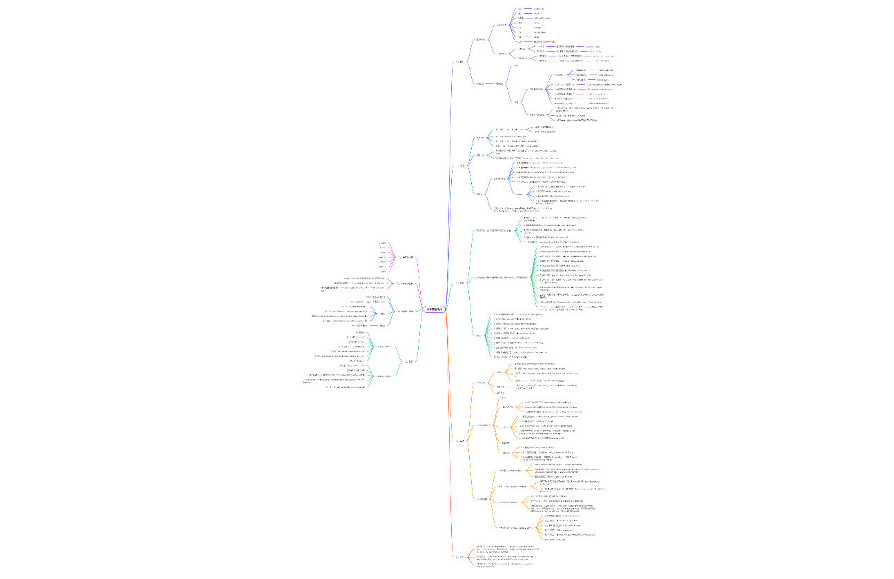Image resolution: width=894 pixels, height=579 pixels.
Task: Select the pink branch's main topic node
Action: pos(406,257)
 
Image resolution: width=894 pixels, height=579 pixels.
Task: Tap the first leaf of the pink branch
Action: pos(383,243)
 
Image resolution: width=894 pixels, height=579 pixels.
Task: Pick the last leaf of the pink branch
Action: pos(383,271)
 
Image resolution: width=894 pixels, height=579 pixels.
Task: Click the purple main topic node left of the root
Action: pos(406,283)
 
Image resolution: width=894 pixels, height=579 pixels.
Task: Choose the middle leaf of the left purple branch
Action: pos(359,283)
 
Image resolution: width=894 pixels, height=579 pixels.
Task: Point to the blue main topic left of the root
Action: pos(406,312)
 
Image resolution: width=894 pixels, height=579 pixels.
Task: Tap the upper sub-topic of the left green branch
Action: pos(384,347)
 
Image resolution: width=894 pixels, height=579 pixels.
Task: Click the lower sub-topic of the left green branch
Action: pos(384,376)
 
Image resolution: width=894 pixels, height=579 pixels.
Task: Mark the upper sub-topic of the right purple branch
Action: pos(480,39)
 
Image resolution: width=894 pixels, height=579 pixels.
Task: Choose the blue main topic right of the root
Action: pos(461,166)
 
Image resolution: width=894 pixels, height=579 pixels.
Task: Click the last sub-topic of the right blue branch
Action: pos(480,194)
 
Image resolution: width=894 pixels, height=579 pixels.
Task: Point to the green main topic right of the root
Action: pos(461,283)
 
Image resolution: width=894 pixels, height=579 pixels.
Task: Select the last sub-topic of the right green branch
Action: pos(479,336)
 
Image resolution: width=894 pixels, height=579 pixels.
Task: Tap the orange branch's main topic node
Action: pos(461,440)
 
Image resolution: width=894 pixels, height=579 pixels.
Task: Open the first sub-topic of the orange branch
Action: pos(481,383)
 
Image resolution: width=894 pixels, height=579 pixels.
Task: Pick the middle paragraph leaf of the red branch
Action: pos(500,556)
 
